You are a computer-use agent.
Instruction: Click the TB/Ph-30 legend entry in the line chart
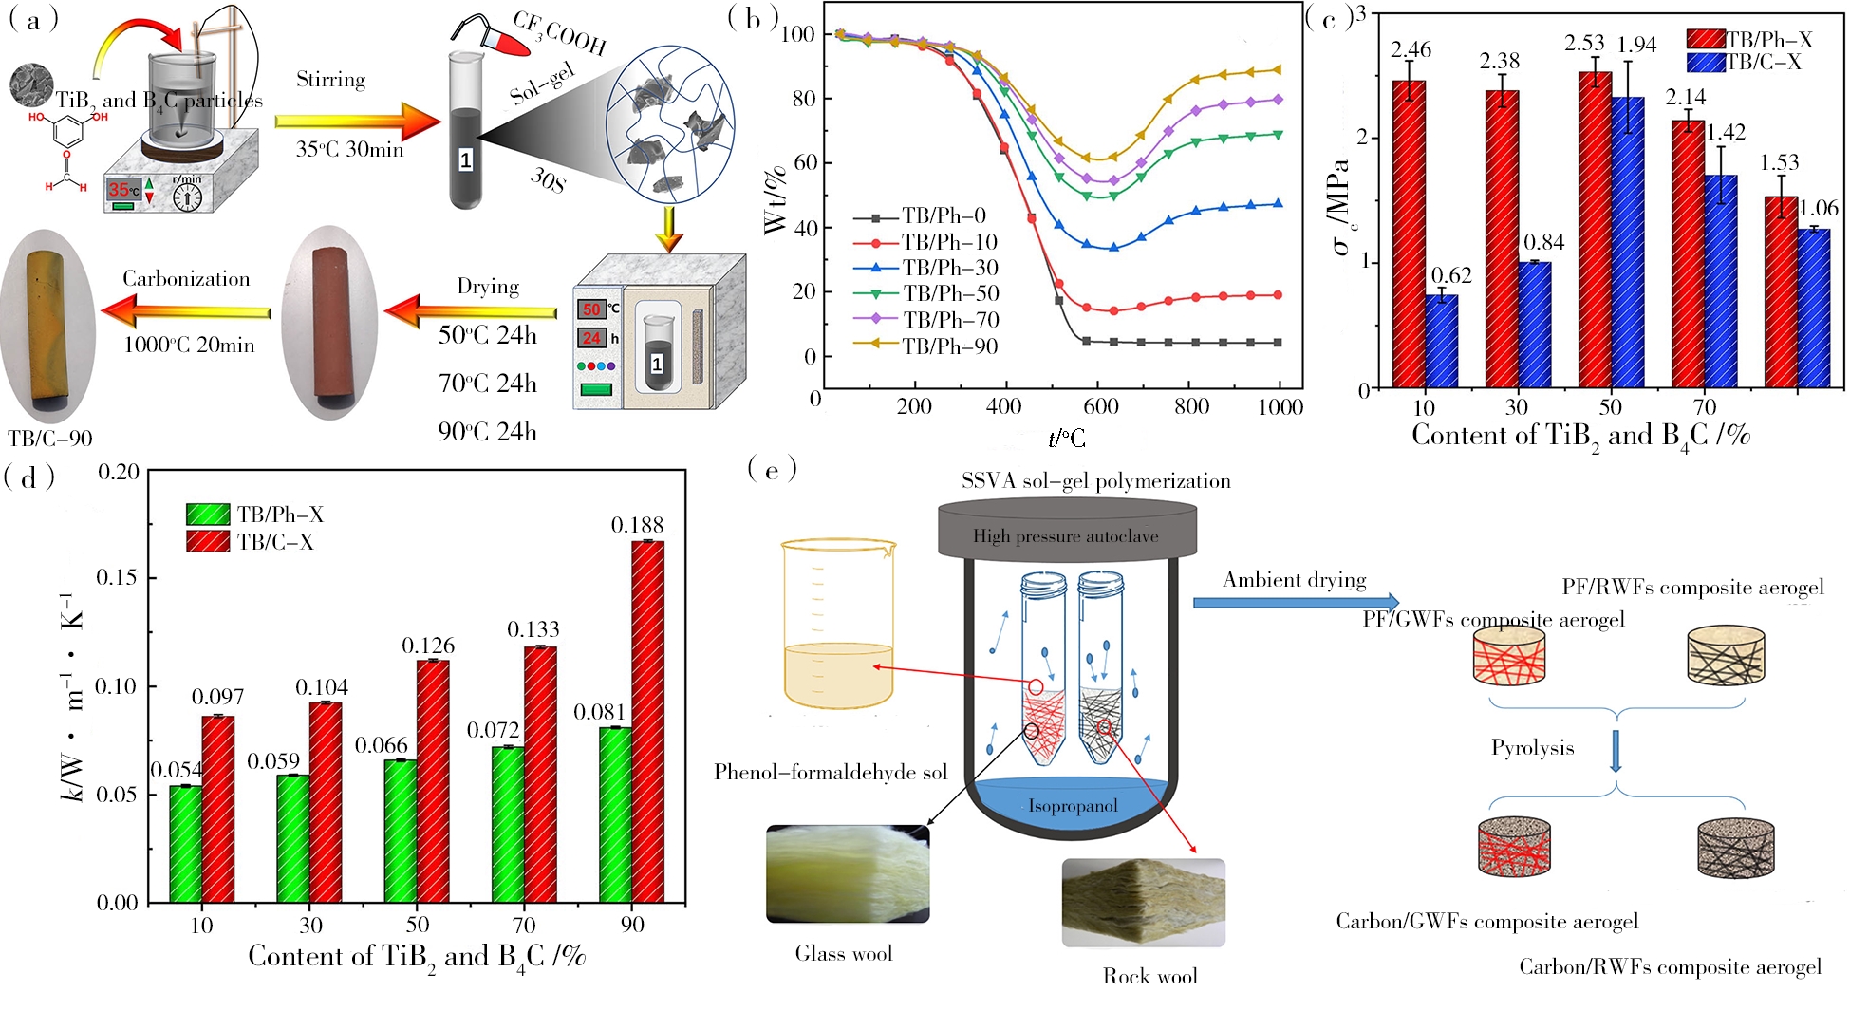(949, 269)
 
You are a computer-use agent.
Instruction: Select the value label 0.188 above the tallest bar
(637, 525)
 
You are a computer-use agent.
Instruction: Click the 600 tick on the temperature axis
(1100, 406)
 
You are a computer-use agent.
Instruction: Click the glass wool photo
(848, 873)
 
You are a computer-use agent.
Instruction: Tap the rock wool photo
(1143, 902)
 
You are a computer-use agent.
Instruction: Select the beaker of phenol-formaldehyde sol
(837, 627)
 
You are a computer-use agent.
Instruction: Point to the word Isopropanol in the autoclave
(1073, 806)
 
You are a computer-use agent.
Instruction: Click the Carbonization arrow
(186, 310)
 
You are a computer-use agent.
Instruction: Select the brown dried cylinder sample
(330, 323)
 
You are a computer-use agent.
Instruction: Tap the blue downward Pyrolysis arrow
(1616, 750)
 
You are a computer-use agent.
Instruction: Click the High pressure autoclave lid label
(1065, 536)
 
